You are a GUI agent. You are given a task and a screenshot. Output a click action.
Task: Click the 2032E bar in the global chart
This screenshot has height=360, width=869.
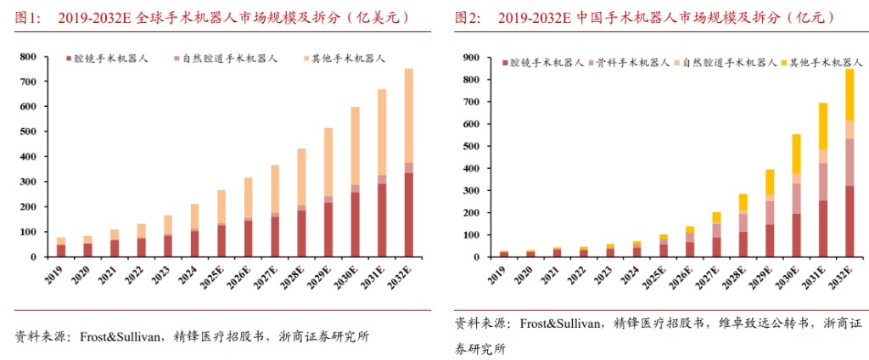[408, 162]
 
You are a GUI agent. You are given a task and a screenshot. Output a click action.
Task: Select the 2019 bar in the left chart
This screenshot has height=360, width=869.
[62, 247]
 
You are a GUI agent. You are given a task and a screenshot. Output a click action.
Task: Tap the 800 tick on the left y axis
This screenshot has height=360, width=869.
[28, 57]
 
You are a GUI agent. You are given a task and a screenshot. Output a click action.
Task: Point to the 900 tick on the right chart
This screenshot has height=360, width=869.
[472, 58]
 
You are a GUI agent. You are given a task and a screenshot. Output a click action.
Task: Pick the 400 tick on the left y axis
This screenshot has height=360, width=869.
[28, 157]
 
